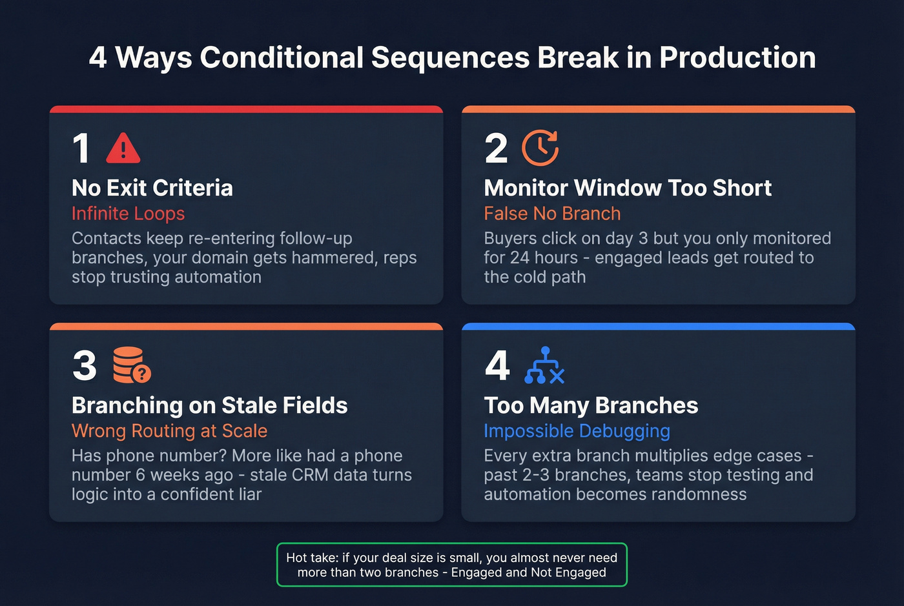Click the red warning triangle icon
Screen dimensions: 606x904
[x=123, y=148]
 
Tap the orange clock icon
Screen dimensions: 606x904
[x=540, y=148]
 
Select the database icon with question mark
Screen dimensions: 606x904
[x=131, y=365]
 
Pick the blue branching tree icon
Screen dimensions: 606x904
[x=544, y=366]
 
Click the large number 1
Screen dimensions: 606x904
[x=81, y=148]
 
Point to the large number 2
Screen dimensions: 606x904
[x=496, y=148]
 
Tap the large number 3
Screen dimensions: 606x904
[x=85, y=366]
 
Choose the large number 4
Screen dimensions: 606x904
[x=497, y=366]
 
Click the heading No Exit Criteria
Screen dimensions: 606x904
[x=152, y=188]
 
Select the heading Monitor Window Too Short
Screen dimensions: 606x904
[x=628, y=188]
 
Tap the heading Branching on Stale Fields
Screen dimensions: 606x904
[x=209, y=405]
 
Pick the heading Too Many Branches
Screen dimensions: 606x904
[x=591, y=405]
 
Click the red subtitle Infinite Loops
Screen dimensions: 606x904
[x=128, y=214]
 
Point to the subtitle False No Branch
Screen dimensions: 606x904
[x=552, y=214]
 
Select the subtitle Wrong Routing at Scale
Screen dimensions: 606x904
[x=169, y=430]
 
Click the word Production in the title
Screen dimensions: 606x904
[x=737, y=57]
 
